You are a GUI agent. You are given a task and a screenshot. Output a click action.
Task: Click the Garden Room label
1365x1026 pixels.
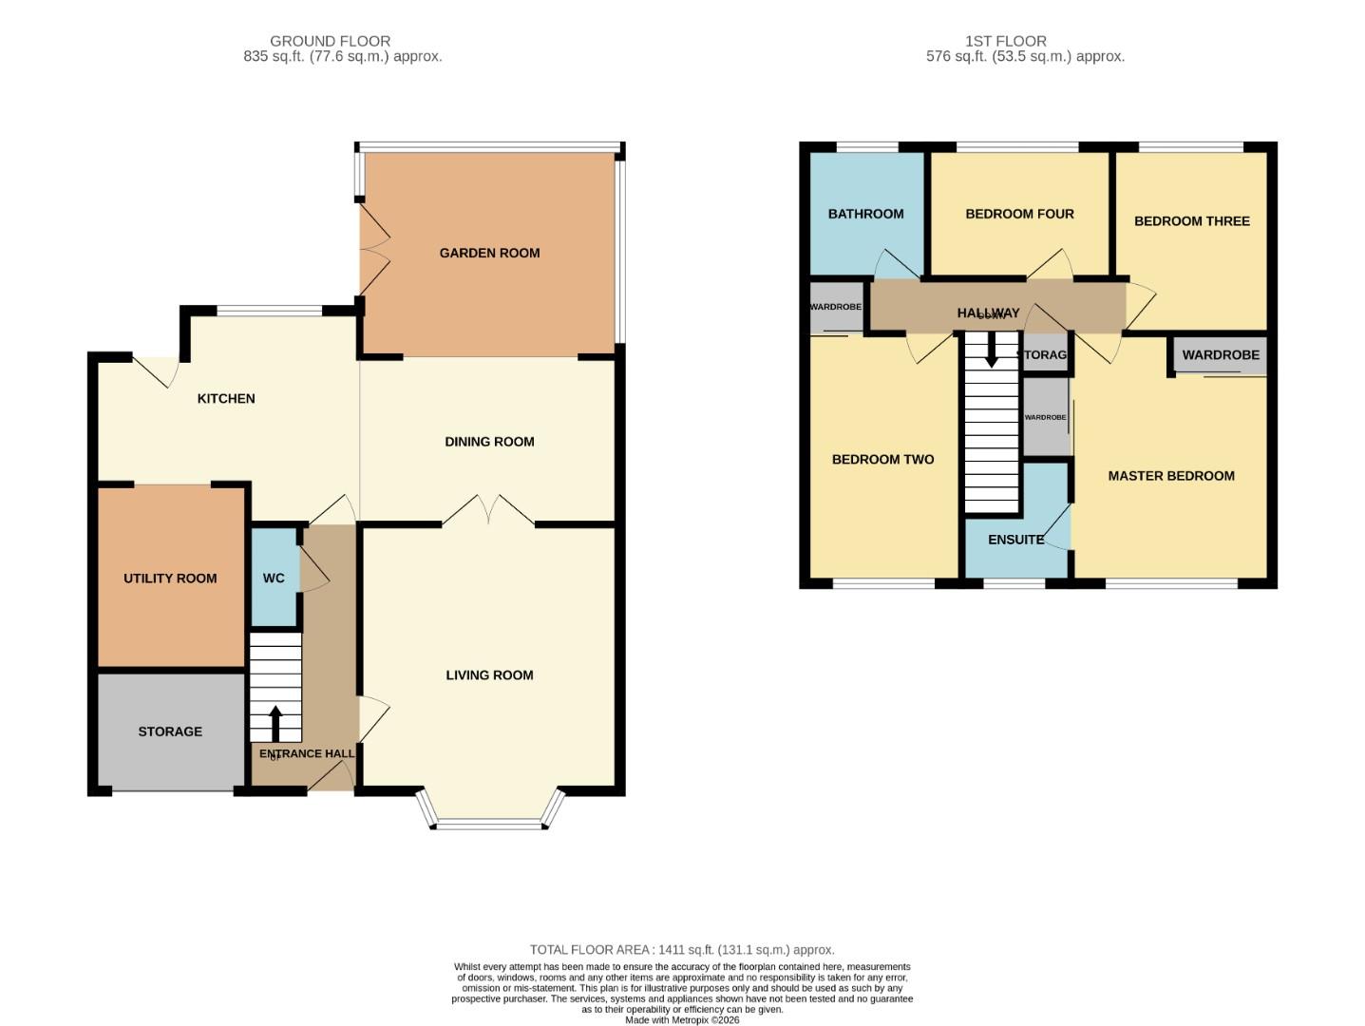pyautogui.click(x=489, y=253)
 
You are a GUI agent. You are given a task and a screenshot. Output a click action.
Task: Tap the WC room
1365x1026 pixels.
pyautogui.click(x=274, y=578)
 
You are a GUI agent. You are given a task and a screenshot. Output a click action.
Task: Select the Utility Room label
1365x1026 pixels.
pyautogui.click(x=170, y=578)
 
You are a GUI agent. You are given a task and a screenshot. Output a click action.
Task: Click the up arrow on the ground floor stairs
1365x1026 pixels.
pyautogui.click(x=275, y=722)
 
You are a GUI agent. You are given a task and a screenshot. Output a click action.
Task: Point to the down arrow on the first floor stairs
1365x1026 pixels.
pyautogui.click(x=991, y=353)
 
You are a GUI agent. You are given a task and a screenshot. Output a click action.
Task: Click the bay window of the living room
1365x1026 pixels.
pyautogui.click(x=491, y=822)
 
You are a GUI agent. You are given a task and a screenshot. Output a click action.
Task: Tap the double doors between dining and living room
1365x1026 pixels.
pyautogui.click(x=488, y=511)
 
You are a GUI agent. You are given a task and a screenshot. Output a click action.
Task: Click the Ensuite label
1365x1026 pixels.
pyautogui.click(x=1015, y=540)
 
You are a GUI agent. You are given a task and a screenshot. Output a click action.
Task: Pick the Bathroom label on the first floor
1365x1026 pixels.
pyautogui.click(x=865, y=214)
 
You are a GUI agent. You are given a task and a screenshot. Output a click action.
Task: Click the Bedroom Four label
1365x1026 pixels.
pyautogui.click(x=1019, y=214)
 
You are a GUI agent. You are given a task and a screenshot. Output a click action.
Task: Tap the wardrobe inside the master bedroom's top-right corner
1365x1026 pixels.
pyautogui.click(x=1221, y=355)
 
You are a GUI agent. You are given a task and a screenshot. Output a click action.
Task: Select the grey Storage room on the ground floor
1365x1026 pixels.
pyautogui.click(x=171, y=731)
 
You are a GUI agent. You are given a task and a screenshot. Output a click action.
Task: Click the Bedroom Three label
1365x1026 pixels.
pyautogui.click(x=1191, y=221)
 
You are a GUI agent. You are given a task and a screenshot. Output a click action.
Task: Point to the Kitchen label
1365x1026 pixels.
pyautogui.click(x=226, y=399)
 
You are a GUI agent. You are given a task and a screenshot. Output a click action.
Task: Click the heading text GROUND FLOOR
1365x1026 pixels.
pyautogui.click(x=330, y=41)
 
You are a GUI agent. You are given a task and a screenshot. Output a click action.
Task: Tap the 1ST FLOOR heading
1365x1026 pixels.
pyautogui.click(x=1005, y=41)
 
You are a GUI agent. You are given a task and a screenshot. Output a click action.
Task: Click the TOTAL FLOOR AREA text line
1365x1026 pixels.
pyautogui.click(x=681, y=950)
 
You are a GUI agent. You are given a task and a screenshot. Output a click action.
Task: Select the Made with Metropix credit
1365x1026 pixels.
pyautogui.click(x=681, y=1019)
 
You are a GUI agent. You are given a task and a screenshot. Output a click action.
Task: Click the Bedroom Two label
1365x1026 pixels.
pyautogui.click(x=882, y=460)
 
